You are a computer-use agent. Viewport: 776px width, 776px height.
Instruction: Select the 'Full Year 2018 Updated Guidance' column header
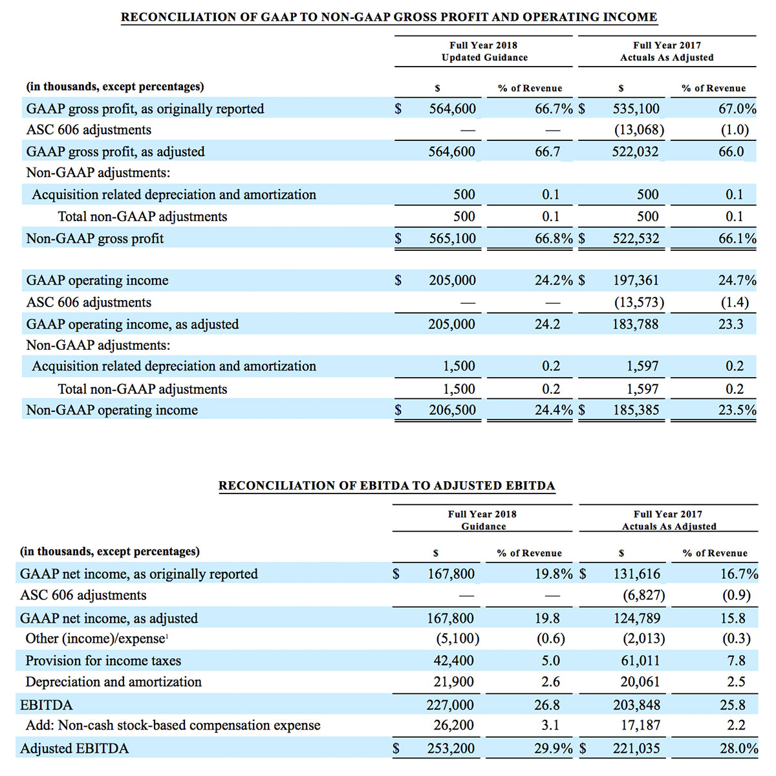pos(484,51)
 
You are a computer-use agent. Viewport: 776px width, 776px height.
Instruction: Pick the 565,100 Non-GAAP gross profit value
pos(452,239)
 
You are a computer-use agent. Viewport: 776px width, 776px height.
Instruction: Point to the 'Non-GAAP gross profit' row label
pos(95,239)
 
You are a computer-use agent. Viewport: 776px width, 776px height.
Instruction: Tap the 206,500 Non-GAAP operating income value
pos(452,410)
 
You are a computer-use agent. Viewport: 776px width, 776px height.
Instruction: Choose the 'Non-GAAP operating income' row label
pos(112,410)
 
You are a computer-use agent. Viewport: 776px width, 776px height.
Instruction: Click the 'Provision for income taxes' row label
pos(103,661)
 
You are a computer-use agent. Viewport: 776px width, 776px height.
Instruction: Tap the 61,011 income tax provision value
pos(640,661)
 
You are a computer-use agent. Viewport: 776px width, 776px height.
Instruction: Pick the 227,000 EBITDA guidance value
pos(450,705)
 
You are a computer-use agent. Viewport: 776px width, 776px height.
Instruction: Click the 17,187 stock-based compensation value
pos(640,726)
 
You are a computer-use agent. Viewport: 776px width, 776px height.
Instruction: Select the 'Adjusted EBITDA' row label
pos(74,749)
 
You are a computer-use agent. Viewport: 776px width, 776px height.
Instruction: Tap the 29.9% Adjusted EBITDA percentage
pos(554,749)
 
